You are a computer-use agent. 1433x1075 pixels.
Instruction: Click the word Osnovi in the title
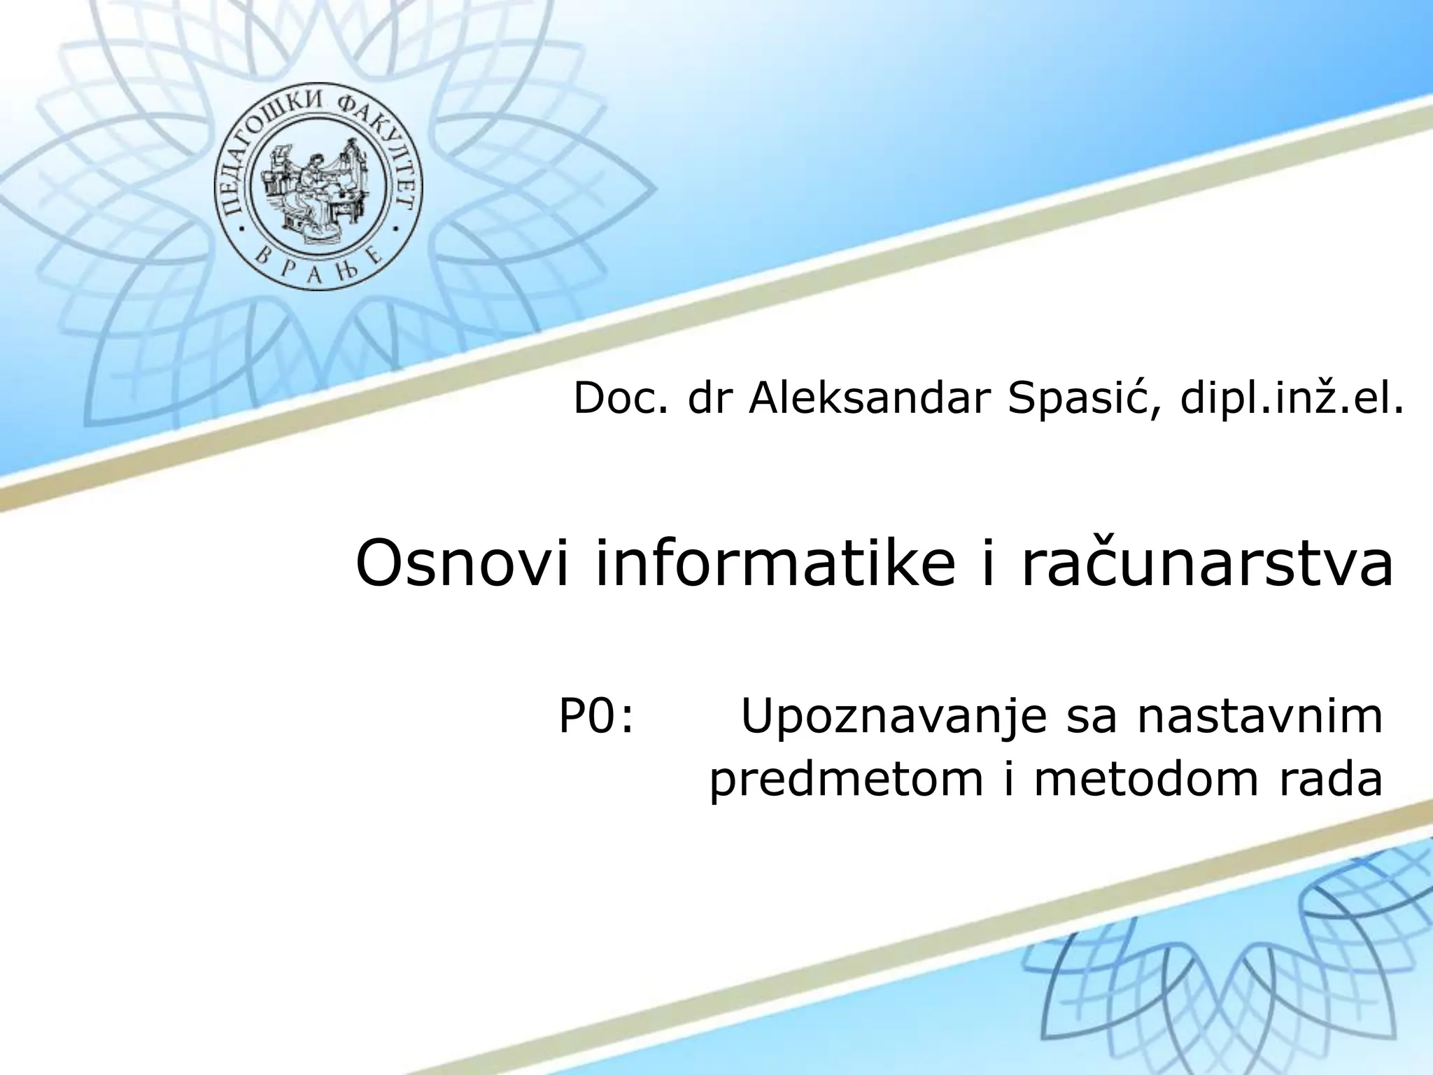pyautogui.click(x=465, y=564)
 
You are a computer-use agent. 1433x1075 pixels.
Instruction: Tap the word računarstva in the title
pyautogui.click(x=1208, y=564)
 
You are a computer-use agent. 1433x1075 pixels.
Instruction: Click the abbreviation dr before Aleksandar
pyautogui.click(x=707, y=400)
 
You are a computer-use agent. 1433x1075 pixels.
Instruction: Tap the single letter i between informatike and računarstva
pyautogui.click(x=988, y=564)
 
